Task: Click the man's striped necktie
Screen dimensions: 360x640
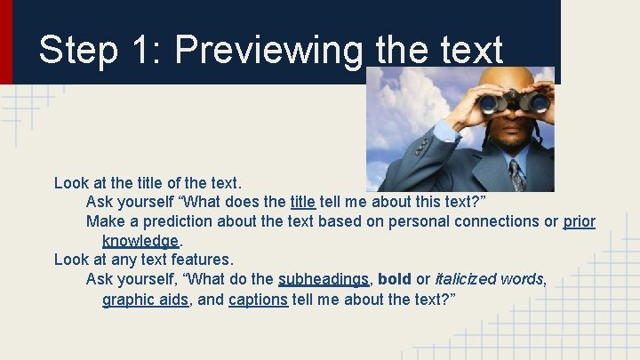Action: pos(516,174)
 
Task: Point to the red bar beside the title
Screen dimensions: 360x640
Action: pos(6,41)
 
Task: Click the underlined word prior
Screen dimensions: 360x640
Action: pos(580,221)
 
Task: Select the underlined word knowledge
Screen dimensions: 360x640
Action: pos(140,241)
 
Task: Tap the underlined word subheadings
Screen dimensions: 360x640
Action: pos(323,279)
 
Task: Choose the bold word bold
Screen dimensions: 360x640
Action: pos(395,279)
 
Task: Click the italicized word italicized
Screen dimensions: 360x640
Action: pos(465,279)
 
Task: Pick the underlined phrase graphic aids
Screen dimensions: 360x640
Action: pos(145,300)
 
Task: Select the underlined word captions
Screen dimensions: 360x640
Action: pos(258,300)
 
